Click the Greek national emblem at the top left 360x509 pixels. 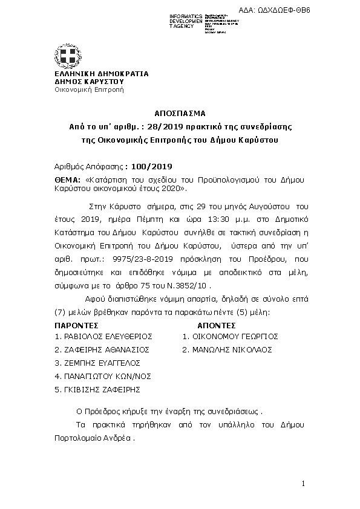(68, 56)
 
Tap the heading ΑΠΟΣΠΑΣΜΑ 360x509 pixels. (180, 113)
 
